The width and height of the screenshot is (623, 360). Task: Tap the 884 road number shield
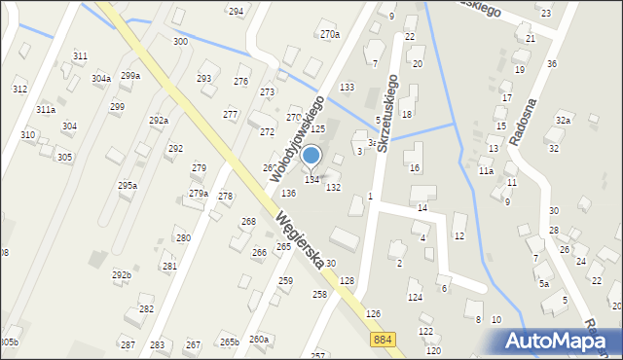[x=383, y=338]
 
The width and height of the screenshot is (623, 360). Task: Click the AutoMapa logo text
[x=560, y=341]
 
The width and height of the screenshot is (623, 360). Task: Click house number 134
[x=312, y=179]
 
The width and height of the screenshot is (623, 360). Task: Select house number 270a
[x=330, y=34]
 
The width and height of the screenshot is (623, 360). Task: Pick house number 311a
[x=46, y=109]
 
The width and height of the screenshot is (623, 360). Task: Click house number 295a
[x=128, y=185]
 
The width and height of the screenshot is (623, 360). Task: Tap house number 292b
[x=121, y=275]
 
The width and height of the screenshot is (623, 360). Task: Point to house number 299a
[x=130, y=75]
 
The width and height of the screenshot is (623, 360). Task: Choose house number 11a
[x=486, y=171]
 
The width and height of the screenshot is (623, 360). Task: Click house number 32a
[x=563, y=120]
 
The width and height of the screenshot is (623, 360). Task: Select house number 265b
[x=229, y=342]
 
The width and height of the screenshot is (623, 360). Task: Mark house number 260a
[x=258, y=339]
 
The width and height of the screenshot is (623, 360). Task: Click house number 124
[x=415, y=297]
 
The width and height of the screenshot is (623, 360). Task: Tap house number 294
[x=236, y=11]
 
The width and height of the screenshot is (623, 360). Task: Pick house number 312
[x=19, y=89]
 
